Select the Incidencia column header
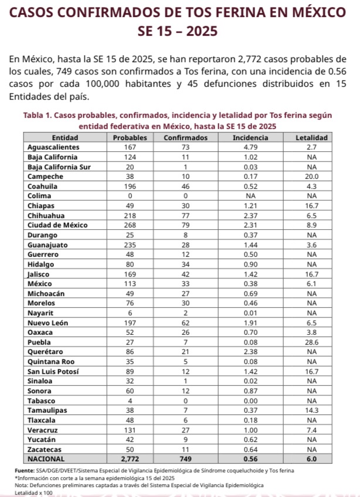250,137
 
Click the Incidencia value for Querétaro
250,352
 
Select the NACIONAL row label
46,459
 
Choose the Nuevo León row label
50,322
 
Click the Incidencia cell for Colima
250,196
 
